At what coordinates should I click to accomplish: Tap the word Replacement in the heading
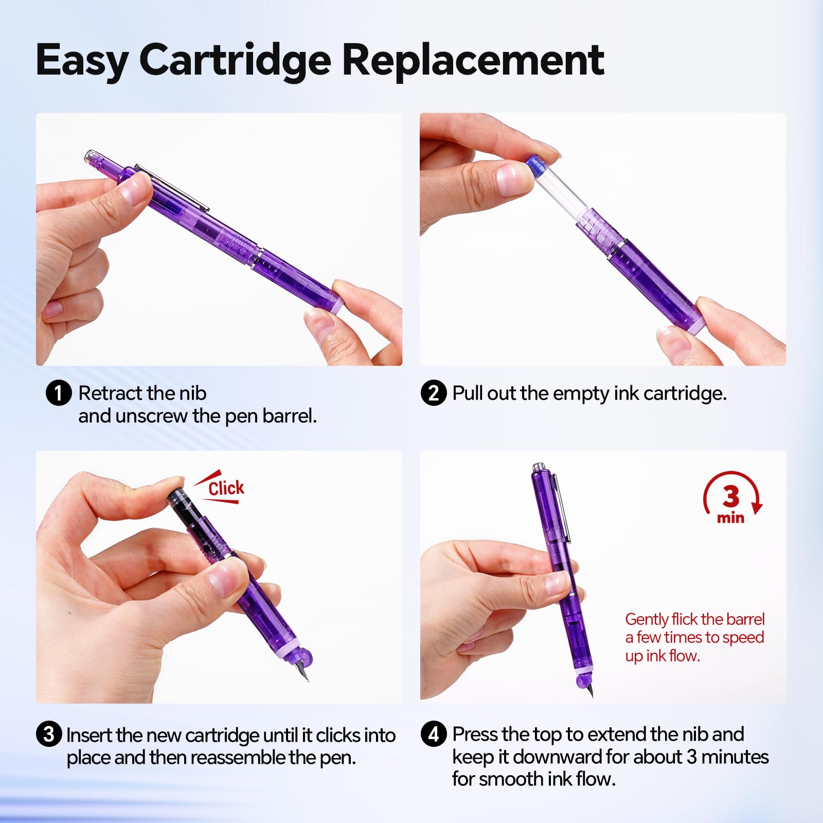[x=473, y=60]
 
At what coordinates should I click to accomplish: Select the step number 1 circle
[x=58, y=393]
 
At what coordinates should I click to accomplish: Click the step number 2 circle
[x=434, y=393]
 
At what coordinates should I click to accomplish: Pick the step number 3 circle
[x=49, y=734]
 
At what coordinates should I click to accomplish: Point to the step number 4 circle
[x=434, y=734]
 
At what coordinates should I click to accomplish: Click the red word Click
[x=226, y=488]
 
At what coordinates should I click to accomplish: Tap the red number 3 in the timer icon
[x=731, y=496]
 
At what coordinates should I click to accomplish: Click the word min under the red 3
[x=730, y=517]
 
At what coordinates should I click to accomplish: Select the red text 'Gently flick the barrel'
[x=695, y=619]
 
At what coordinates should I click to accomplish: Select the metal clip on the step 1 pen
[x=172, y=188]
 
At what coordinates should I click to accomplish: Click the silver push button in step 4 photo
[x=538, y=467]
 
